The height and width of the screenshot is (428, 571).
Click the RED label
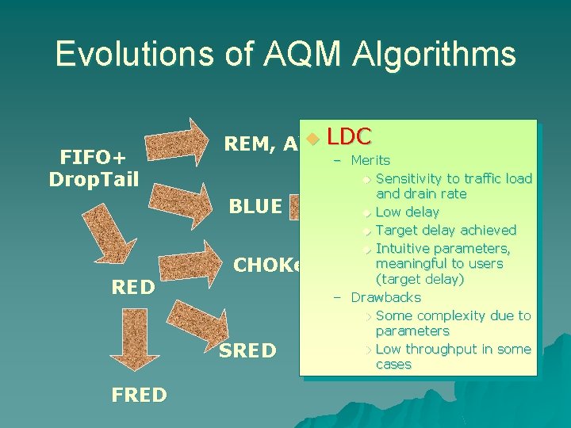(133, 288)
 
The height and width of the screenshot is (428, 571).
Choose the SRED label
(247, 350)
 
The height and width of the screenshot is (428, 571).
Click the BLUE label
(255, 207)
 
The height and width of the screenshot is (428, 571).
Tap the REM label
(251, 143)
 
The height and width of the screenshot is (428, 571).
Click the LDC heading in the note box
(349, 136)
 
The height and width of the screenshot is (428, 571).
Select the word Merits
(370, 160)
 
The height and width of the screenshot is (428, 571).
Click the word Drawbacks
(385, 297)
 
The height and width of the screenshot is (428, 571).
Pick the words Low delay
(407, 212)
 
